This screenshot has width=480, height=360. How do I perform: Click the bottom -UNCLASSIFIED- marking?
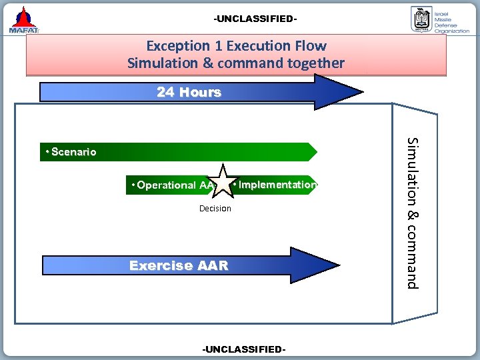pos(244,349)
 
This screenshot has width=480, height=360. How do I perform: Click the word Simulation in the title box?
pos(159,63)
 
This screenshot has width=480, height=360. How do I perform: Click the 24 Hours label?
pos(189,92)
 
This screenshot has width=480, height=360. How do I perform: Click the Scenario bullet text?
pos(70,152)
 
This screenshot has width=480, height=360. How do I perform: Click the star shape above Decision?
pos(222,182)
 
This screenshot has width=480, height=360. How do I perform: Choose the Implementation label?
pos(277,185)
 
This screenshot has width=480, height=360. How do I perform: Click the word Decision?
pos(215,209)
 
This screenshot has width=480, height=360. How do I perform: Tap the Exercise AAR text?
pos(179,265)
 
